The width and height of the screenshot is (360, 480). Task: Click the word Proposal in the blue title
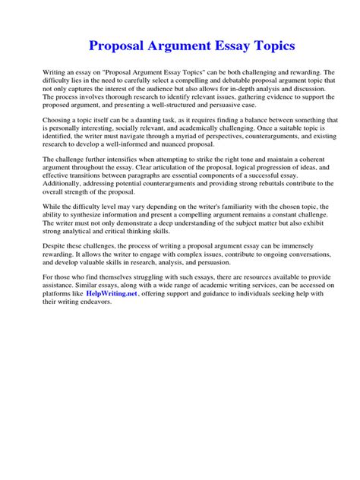tap(122, 46)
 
